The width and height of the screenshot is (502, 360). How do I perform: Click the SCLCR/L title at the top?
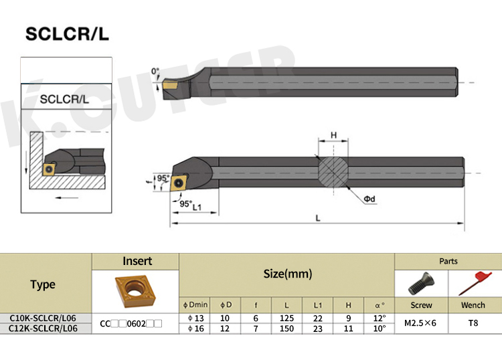tap(65, 34)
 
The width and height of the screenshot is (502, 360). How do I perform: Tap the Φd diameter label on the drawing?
tap(369, 199)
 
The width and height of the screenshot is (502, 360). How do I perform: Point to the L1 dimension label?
tap(197, 207)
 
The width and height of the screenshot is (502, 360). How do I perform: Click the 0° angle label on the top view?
tap(155, 71)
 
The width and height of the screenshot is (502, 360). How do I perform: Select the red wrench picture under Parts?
tap(474, 283)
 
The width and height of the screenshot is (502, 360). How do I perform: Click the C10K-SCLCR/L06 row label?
tap(43, 318)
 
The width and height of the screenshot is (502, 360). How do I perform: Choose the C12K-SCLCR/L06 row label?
tap(43, 328)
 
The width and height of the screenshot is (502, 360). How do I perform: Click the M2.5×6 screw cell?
tap(422, 323)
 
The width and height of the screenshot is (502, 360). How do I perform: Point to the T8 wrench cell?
tap(474, 323)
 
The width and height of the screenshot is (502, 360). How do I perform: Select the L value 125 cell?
tap(287, 318)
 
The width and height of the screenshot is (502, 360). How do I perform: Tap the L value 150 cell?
tap(287, 328)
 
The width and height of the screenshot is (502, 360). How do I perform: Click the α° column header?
tap(380, 306)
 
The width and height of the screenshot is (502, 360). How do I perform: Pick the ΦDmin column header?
tap(196, 306)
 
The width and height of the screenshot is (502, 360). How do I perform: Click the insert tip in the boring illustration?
tap(49, 170)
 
